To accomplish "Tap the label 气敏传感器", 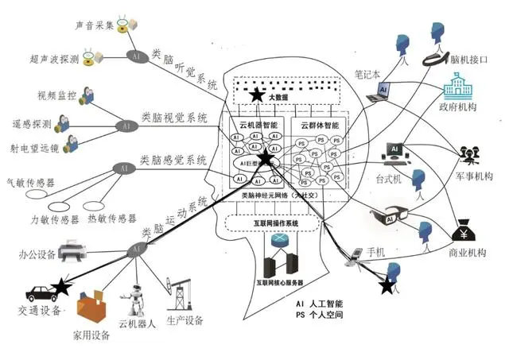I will pyautogui.click(x=29, y=182).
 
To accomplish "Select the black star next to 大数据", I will pyautogui.click(x=257, y=95).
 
